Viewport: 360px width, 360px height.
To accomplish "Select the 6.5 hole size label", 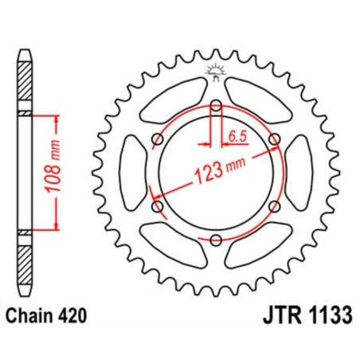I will coord(236,137).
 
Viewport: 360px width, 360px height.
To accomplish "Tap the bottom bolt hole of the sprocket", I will coord(216,240).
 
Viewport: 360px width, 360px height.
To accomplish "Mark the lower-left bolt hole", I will coord(157,207).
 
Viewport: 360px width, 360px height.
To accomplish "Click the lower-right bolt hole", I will coord(275,207).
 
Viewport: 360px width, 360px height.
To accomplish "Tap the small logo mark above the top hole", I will coord(216,71).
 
